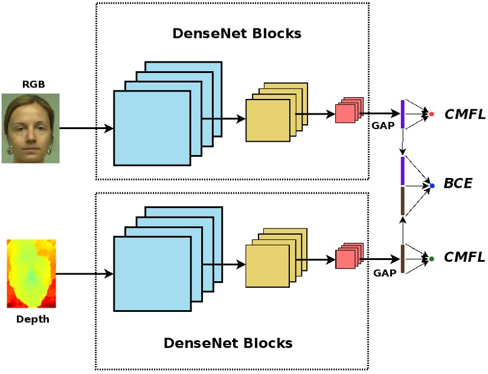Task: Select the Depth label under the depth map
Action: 33,319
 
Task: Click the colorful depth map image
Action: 31,273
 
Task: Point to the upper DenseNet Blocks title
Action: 237,33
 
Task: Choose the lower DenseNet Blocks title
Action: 228,343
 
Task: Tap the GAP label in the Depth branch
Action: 384,272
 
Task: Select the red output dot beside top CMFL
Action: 431,113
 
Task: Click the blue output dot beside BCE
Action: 432,186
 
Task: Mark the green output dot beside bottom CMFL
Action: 431,259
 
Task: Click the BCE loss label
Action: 458,184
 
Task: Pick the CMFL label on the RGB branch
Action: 464,113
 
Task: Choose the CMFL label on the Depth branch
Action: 464,258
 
